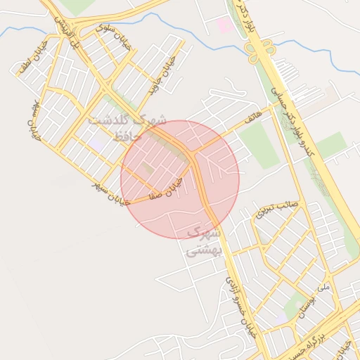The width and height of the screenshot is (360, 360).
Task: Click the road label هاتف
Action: tap(251, 112)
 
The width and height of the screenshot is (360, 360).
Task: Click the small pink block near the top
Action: tap(225, 26)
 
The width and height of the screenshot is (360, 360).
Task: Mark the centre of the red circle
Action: tap(180, 179)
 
